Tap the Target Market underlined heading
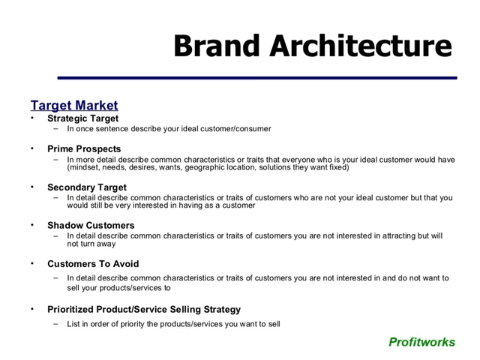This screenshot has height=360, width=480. tap(74, 106)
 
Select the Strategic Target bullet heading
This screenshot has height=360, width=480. tap(82, 118)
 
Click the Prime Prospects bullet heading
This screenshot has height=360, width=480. tap(84, 148)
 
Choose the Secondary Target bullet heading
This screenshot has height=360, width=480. tap(87, 187)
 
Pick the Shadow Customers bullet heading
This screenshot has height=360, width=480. tap(91, 225)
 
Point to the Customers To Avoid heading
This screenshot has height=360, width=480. tap(93, 264)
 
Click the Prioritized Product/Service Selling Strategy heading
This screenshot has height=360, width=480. tap(144, 309)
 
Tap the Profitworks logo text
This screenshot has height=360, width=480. tap(421, 342)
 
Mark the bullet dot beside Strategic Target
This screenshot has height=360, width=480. tap(33, 118)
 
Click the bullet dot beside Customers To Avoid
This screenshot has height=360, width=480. tap(33, 264)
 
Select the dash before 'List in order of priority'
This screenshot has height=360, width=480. tap(56, 324)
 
